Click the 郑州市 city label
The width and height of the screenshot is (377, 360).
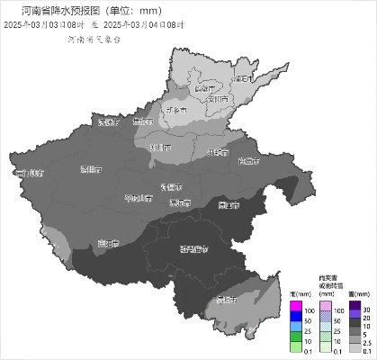coord(159,147)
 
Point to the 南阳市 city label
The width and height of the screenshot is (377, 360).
coord(108,243)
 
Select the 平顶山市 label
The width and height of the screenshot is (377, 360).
coord(139,196)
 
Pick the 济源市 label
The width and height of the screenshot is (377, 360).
coord(108,121)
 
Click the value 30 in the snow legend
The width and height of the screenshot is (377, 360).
coord(366,309)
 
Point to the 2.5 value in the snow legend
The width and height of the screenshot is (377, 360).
coord(366,344)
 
